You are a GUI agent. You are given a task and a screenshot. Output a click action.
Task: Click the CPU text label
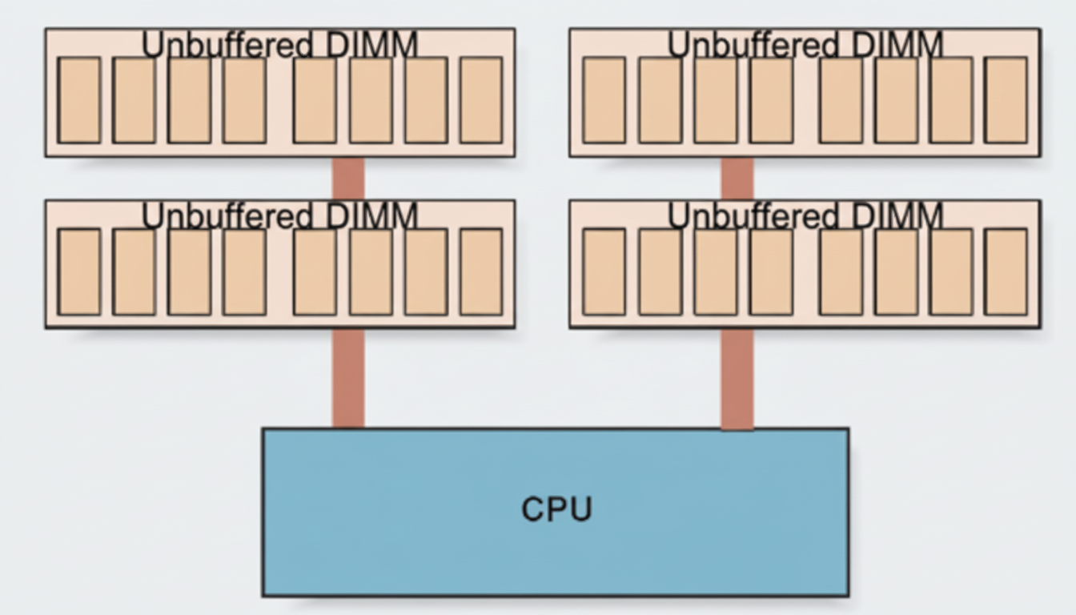pyautogui.click(x=556, y=509)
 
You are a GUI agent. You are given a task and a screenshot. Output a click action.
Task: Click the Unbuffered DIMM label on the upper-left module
pyautogui.click(x=279, y=46)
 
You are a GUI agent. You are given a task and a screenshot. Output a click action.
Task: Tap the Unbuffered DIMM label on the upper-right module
pyautogui.click(x=805, y=46)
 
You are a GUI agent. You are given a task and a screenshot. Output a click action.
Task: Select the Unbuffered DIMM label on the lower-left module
pyautogui.click(x=279, y=217)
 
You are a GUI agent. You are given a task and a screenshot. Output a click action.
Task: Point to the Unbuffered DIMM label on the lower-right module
pyautogui.click(x=805, y=217)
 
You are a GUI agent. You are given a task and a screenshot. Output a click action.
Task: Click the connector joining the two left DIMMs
pyautogui.click(x=348, y=178)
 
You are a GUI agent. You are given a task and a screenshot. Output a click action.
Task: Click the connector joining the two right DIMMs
pyautogui.click(x=737, y=178)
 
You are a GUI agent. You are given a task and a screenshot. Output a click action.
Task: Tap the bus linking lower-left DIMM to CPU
pyautogui.click(x=348, y=378)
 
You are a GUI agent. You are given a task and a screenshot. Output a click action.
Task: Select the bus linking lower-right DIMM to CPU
pyautogui.click(x=737, y=378)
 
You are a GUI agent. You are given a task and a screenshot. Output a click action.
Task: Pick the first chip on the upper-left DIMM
pyautogui.click(x=79, y=100)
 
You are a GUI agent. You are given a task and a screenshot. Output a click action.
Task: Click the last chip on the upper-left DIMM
pyautogui.click(x=481, y=100)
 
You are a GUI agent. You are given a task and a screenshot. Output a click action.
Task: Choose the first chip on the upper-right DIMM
pyautogui.click(x=604, y=100)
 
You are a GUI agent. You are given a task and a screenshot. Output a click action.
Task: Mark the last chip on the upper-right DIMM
pyautogui.click(x=1006, y=100)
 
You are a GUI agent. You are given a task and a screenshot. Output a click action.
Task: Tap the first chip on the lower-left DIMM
pyautogui.click(x=79, y=271)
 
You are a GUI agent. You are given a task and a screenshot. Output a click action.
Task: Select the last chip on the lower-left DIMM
pyautogui.click(x=481, y=271)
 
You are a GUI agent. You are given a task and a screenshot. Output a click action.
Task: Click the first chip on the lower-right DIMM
pyautogui.click(x=604, y=271)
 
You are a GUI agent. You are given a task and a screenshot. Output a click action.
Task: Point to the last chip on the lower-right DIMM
pyautogui.click(x=1006, y=271)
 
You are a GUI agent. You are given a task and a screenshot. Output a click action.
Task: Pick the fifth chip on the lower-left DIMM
pyautogui.click(x=315, y=271)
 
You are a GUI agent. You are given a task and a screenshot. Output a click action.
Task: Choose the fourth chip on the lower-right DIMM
pyautogui.click(x=771, y=271)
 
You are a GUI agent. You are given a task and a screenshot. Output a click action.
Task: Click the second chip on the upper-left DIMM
pyautogui.click(x=134, y=100)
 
